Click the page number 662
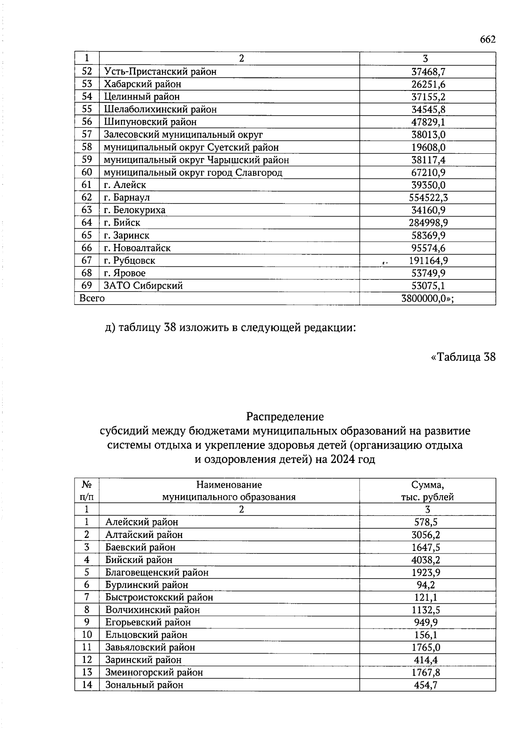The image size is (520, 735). click(x=487, y=39)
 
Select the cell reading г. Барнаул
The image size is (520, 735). click(x=127, y=198)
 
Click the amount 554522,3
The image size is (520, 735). click(x=428, y=198)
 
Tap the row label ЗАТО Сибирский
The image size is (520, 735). click(x=143, y=286)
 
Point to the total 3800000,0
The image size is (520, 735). click(x=427, y=298)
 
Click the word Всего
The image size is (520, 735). click(x=91, y=298)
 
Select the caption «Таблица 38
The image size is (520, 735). click(x=463, y=357)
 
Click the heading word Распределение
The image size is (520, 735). click(x=285, y=417)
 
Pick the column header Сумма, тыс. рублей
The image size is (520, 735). click(x=427, y=491)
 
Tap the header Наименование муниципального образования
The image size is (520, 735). click(x=229, y=491)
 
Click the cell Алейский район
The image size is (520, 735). click(x=141, y=522)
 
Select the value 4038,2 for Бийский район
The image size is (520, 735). click(x=426, y=560)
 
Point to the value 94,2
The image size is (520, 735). click(x=426, y=585)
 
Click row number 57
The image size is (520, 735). click(x=87, y=135)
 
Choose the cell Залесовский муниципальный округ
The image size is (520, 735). click(x=183, y=135)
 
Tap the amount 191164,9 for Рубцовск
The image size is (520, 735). click(x=428, y=261)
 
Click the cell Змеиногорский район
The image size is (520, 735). click(x=154, y=673)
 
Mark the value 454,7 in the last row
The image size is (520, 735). click(x=426, y=685)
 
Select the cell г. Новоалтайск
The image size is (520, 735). click(x=137, y=248)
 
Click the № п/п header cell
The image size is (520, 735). click(x=87, y=491)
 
